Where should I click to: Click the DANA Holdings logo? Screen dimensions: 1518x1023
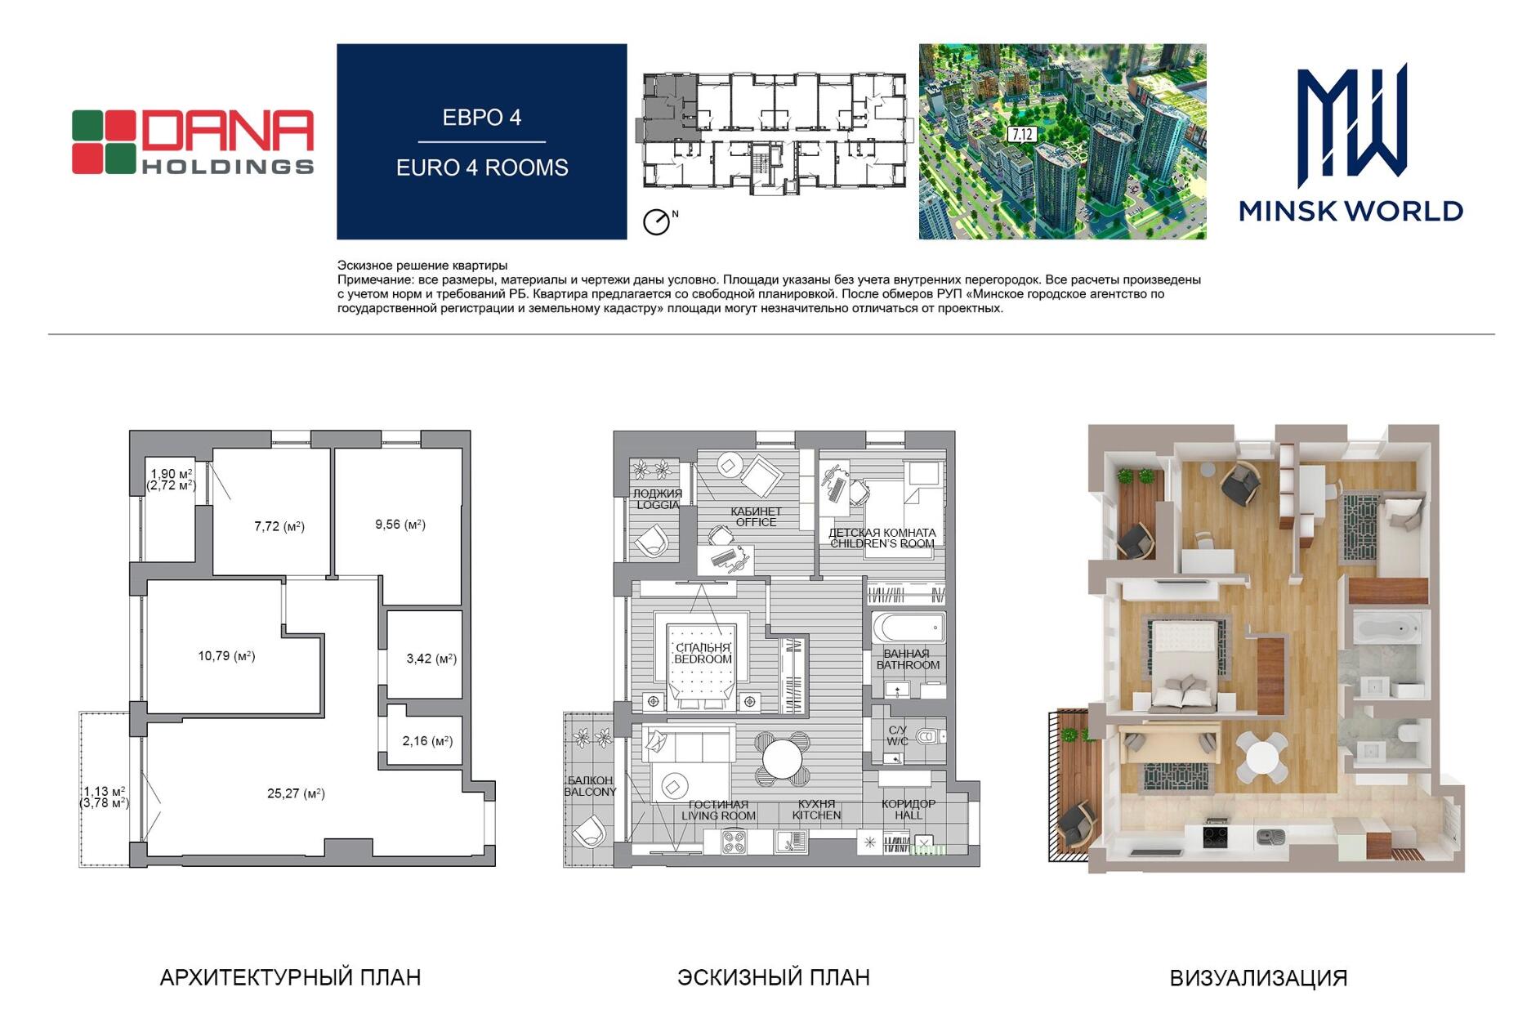pyautogui.click(x=193, y=142)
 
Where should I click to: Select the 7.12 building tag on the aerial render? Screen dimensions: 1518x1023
pyautogui.click(x=1021, y=135)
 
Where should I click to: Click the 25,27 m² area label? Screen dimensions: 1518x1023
pyautogui.click(x=296, y=793)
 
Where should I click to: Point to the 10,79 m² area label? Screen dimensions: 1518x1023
pyautogui.click(x=226, y=656)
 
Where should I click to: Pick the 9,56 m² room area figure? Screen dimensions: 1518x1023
pyautogui.click(x=400, y=525)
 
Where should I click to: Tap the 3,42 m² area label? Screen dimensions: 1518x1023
pyautogui.click(x=431, y=659)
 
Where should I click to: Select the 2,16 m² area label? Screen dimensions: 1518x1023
pyautogui.click(x=427, y=741)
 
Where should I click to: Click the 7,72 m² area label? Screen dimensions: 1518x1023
pyautogui.click(x=279, y=527)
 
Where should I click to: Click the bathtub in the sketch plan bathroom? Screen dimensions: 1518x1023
pyautogui.click(x=909, y=629)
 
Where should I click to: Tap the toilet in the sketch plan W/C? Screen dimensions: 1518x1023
pyautogui.click(x=930, y=737)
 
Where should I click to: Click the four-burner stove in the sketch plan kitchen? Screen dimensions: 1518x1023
pyautogui.click(x=734, y=842)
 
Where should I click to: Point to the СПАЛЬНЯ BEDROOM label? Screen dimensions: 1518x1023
pyautogui.click(x=703, y=654)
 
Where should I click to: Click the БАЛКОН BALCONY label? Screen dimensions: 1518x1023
pyautogui.click(x=590, y=786)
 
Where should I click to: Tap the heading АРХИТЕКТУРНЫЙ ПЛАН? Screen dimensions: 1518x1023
pyautogui.click(x=290, y=977)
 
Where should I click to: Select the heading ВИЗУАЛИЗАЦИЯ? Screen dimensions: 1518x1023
pyautogui.click(x=1258, y=978)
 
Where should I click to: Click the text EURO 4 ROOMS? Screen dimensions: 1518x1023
pyautogui.click(x=482, y=168)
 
